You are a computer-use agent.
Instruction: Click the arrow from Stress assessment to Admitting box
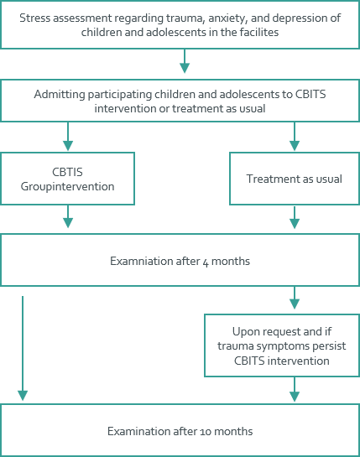coord(185,61)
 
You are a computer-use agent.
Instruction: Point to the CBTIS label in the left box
coord(67,172)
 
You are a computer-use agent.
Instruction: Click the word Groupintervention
coord(67,186)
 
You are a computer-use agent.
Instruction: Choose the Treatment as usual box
coord(295,179)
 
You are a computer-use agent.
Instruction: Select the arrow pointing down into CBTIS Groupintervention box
coord(68,136)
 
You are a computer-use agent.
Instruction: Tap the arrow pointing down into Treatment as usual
coord(295,136)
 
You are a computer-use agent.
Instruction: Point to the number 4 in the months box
coord(206,262)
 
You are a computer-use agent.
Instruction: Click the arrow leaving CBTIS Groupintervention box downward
coord(68,216)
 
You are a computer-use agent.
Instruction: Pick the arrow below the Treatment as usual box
coord(295,217)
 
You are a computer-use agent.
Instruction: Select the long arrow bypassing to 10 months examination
coord(23,348)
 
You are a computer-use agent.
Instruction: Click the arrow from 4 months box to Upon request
coord(295,298)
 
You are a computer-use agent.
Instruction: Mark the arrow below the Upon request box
coord(295,389)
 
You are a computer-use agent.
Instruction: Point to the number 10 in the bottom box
coord(206,432)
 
